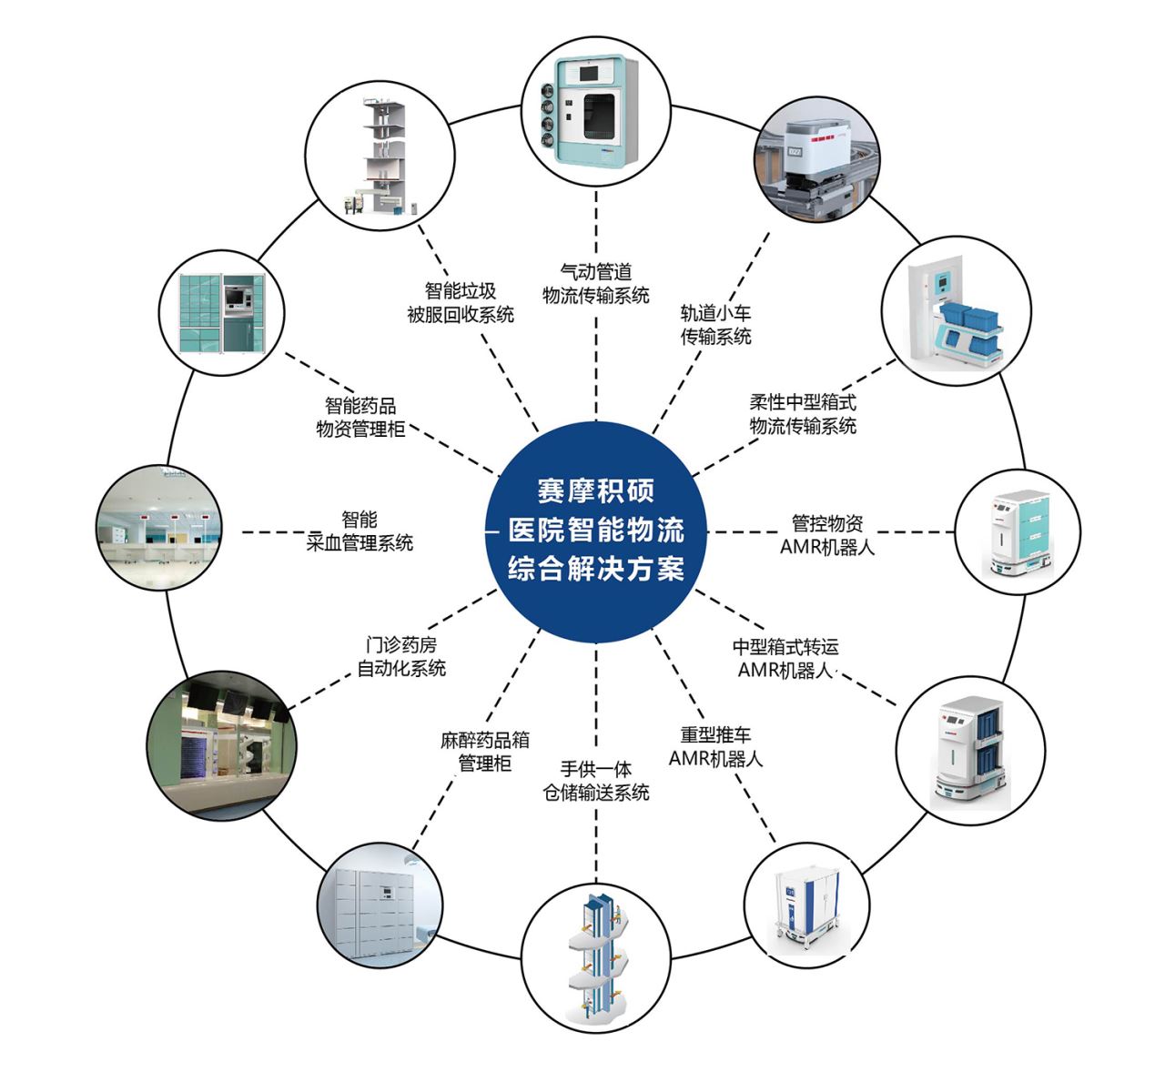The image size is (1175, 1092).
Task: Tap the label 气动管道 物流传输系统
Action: [596, 283]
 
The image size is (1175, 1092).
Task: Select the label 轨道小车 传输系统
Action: [716, 324]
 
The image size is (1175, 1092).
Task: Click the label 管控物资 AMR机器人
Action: [827, 535]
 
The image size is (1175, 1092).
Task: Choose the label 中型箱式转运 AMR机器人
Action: [785, 658]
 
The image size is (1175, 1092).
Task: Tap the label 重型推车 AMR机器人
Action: [716, 746]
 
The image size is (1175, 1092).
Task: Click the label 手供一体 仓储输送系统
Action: [596, 781]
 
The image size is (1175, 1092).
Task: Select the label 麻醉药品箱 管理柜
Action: [484, 752]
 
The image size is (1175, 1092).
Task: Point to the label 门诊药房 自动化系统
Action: [401, 656]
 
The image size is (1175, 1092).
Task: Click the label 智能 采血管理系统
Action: [360, 531]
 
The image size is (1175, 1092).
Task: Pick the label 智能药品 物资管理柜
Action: [360, 417]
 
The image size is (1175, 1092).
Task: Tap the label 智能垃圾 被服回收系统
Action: [461, 302]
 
